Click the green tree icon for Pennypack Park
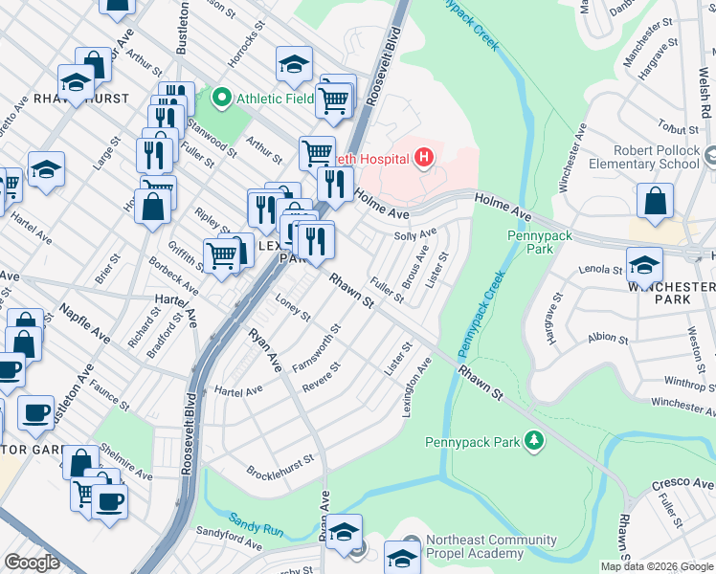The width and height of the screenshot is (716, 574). (x=533, y=441)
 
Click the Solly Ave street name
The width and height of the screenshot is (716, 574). (x=415, y=234)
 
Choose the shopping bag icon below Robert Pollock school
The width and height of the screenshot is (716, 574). (x=654, y=203)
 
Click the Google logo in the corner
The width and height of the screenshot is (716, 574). (x=33, y=562)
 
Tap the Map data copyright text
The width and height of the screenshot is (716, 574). (x=656, y=566)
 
